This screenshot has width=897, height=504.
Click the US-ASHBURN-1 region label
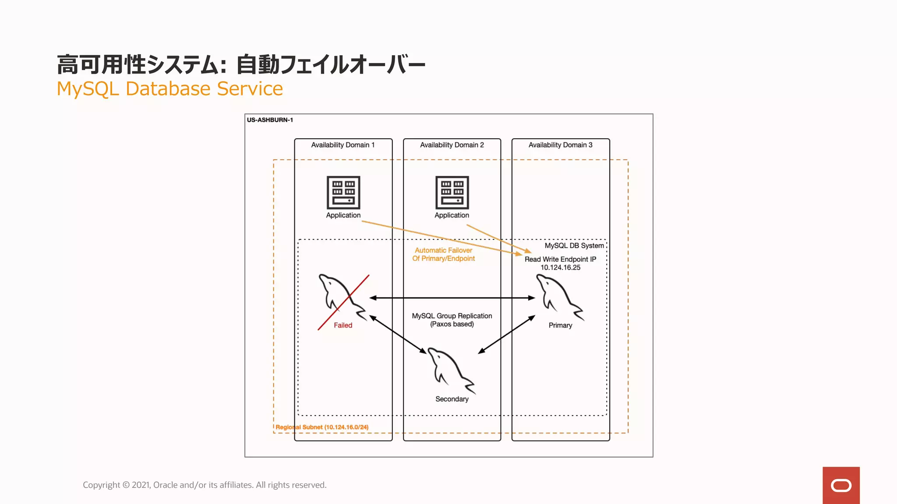coord(270,120)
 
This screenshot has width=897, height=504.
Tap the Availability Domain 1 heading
coord(343,145)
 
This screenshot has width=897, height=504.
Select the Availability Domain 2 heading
coord(452,145)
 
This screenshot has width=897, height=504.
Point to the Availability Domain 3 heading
coord(560,145)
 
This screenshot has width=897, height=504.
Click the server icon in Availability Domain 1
coord(343,192)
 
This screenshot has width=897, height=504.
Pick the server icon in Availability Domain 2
coord(452,192)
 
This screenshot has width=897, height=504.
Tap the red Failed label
coord(343,325)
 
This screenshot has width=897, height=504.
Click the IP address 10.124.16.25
coord(560,267)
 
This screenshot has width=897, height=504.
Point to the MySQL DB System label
coord(574,246)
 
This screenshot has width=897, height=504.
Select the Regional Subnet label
coord(322,427)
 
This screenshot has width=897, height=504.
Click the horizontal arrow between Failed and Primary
coord(452,298)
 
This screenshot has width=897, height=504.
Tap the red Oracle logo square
coord(840,485)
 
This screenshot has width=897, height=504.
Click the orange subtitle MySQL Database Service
coord(170,89)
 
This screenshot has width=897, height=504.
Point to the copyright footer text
coord(205,485)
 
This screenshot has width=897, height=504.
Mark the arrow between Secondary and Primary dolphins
coord(506,335)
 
